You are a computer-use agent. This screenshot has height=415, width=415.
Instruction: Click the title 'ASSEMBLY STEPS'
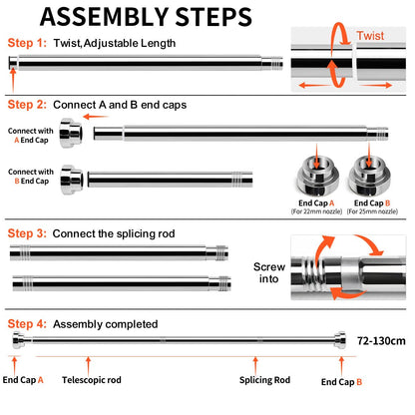pyautogui.click(x=146, y=17)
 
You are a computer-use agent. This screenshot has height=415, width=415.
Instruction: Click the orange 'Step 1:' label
pyautogui.click(x=27, y=43)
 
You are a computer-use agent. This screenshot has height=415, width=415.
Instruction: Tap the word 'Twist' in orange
pyautogui.click(x=370, y=36)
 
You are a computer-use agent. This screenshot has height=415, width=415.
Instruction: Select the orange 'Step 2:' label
pyautogui.click(x=27, y=105)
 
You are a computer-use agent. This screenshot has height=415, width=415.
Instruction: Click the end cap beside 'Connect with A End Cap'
pyautogui.click(x=71, y=133)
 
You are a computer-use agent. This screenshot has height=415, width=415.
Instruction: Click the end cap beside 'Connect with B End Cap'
pyautogui.click(x=72, y=180)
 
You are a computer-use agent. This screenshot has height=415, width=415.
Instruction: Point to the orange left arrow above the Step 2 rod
pyautogui.click(x=96, y=117)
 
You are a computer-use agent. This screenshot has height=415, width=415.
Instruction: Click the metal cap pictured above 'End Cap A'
pyautogui.click(x=317, y=176)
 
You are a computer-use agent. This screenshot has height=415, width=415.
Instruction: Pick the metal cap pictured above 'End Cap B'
pyautogui.click(x=369, y=176)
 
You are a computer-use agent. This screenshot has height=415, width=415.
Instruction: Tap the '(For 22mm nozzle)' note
pyautogui.click(x=316, y=211)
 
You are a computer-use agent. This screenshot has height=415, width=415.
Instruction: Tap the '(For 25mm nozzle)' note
pyautogui.click(x=372, y=211)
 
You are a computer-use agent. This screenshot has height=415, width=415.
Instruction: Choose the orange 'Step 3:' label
pyautogui.click(x=27, y=233)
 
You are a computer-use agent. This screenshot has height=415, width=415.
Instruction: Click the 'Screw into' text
pyautogui.click(x=269, y=272)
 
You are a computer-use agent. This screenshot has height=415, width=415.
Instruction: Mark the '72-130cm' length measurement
pyautogui.click(x=381, y=341)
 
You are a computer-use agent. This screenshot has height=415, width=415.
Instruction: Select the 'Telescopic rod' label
pyautogui.click(x=92, y=380)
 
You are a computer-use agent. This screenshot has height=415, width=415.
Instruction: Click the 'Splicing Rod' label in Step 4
pyautogui.click(x=264, y=380)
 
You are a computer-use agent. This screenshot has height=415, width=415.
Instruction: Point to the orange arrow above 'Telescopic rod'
pyautogui.click(x=88, y=366)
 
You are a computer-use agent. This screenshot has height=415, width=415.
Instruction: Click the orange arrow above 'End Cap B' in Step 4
pyautogui.click(x=341, y=366)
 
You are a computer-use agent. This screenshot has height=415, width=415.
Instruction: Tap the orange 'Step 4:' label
pyautogui.click(x=27, y=324)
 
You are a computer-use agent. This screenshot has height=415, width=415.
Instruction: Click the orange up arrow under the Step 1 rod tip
pyautogui.click(x=13, y=80)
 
